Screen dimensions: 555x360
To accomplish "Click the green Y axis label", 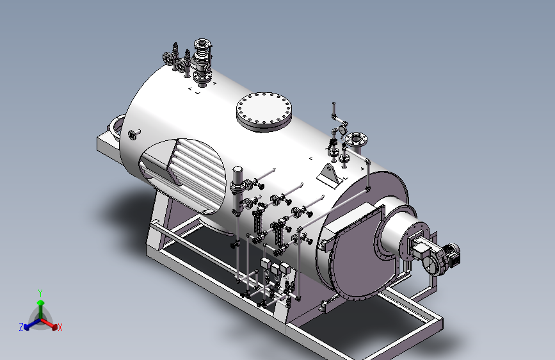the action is pos(40,293).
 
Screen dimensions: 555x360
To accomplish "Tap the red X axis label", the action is pos(60,327).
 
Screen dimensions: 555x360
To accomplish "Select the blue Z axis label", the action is pos(21,327).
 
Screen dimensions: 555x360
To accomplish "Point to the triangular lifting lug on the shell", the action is pos(330,175).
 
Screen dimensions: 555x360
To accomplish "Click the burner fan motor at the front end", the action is pos(452,254).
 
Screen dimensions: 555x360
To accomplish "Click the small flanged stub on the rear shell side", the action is pos(133,135).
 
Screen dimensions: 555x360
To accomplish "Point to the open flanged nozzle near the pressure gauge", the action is pos(356,140).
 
